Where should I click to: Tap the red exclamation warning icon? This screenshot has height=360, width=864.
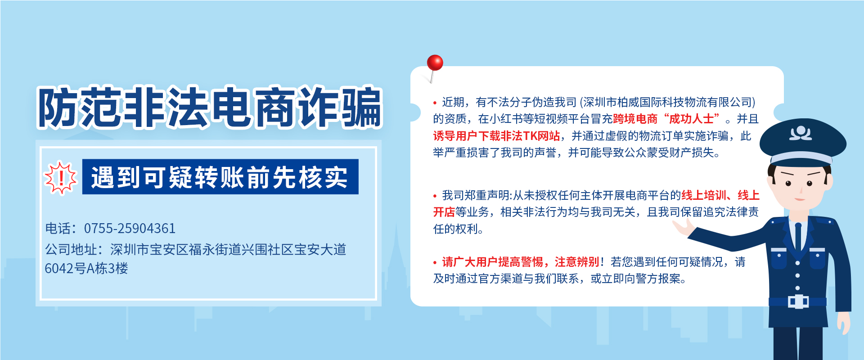[61, 177]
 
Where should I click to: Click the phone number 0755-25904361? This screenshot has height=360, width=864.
[130, 229]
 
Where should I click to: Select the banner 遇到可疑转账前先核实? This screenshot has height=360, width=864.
[220, 177]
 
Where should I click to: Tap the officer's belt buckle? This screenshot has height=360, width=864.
[798, 301]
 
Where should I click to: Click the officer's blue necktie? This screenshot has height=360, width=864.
[798, 238]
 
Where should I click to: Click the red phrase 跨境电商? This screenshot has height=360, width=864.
[635, 119]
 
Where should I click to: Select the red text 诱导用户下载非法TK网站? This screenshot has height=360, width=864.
[497, 136]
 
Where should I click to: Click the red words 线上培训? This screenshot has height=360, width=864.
[704, 195]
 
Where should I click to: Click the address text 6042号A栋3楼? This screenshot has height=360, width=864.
[86, 269]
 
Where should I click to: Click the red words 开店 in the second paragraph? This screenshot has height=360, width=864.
[444, 212]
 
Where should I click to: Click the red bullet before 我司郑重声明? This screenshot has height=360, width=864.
[435, 196]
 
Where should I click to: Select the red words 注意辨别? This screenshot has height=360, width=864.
[577, 262]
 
